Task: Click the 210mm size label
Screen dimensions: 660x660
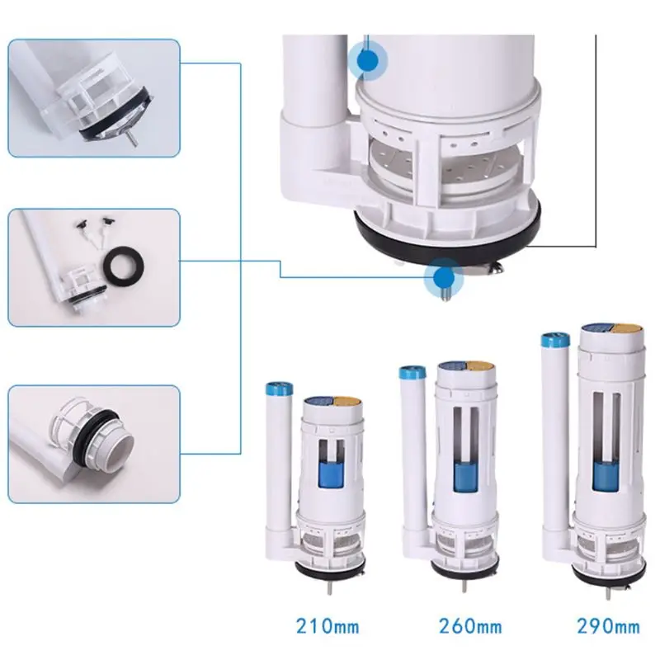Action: point(328,625)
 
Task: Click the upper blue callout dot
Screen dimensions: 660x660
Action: point(368,59)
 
